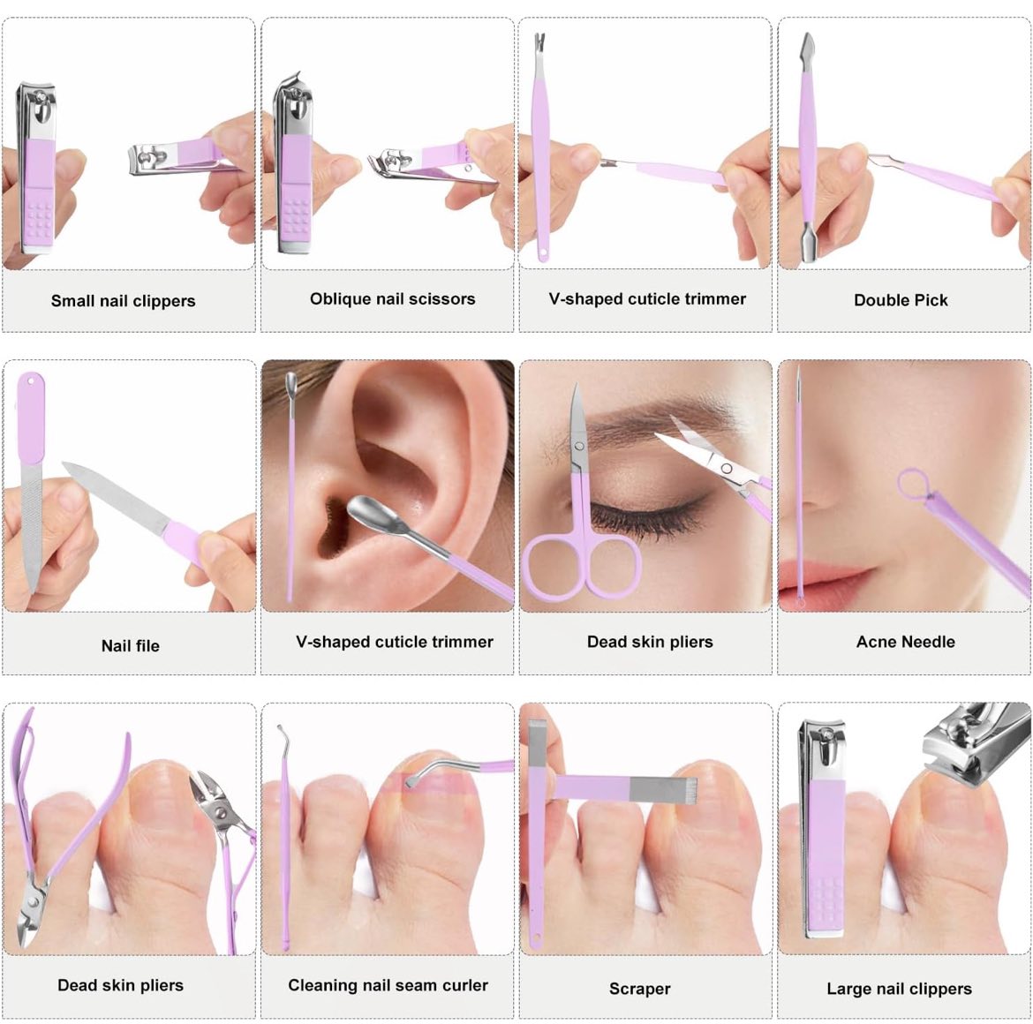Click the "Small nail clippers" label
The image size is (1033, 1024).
(124, 301)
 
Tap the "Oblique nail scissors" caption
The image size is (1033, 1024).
(393, 299)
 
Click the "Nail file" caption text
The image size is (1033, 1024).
(131, 645)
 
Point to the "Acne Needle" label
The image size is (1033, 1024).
(905, 642)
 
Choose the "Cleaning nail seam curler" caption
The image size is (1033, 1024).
(388, 985)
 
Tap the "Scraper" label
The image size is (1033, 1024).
(640, 989)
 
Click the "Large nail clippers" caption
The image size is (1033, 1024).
(900, 989)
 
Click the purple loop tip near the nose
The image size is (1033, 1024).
(913, 483)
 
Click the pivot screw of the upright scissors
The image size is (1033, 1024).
(580, 447)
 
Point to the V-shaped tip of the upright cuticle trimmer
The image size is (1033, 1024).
(539, 41)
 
